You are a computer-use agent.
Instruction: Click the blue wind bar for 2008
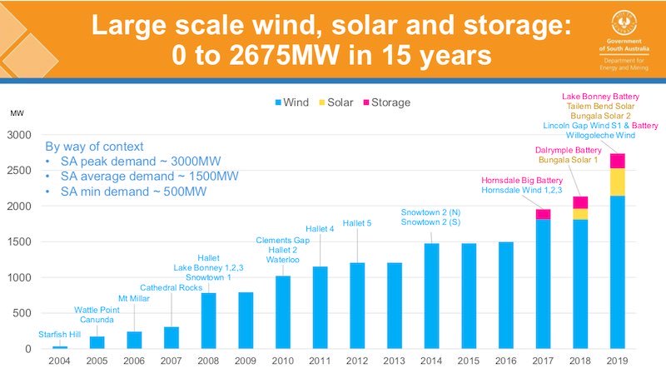208,321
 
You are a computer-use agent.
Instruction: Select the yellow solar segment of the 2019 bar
618,182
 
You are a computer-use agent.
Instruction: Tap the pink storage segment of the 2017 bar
543,214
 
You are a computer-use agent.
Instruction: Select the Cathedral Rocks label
170,287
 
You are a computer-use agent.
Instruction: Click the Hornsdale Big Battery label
522,180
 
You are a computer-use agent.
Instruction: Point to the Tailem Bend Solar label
599,107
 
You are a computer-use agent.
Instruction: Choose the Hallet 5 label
358,223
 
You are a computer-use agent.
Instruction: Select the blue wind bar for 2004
60,346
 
